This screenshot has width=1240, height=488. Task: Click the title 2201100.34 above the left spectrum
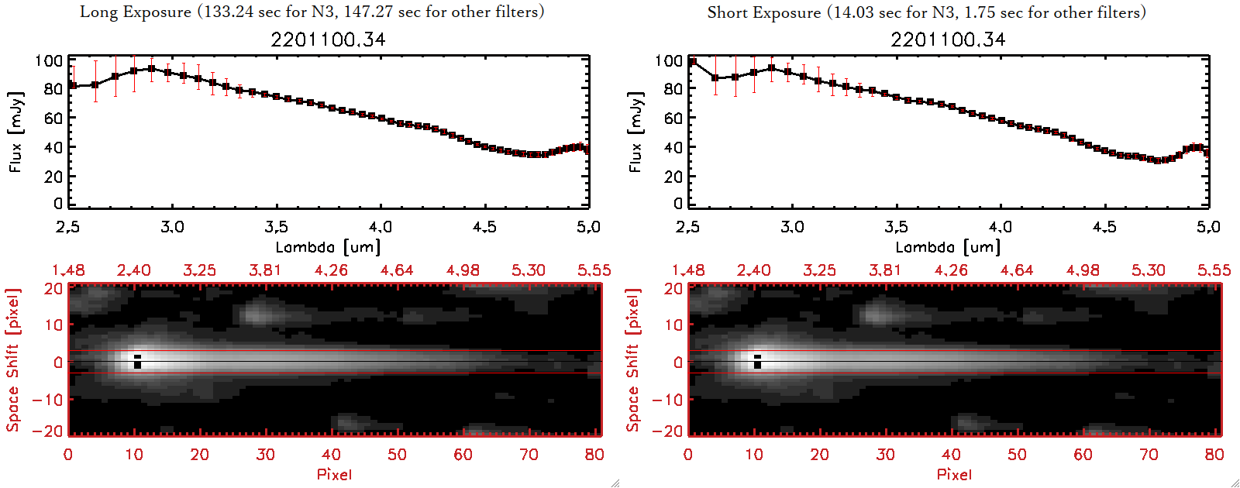328,40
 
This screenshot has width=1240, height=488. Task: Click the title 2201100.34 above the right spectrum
948,40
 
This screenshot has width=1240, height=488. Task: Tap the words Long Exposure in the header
136,12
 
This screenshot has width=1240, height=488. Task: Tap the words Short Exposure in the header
763,12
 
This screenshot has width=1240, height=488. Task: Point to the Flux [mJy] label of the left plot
16,132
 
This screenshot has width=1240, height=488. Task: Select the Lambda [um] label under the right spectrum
948,247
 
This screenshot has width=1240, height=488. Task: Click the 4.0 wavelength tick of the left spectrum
380,227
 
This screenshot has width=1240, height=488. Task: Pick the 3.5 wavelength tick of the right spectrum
896,227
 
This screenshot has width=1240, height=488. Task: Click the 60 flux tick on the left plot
53,118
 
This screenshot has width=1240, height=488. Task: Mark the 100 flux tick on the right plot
668,60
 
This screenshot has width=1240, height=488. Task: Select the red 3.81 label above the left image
265,270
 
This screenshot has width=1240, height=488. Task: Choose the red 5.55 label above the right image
1214,270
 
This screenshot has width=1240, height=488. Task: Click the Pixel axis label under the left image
334,474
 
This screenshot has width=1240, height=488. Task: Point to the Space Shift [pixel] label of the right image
633,360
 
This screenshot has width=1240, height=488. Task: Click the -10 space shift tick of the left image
48,399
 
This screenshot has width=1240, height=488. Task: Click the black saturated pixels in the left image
137,362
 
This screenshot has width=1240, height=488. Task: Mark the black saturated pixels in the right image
757,362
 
